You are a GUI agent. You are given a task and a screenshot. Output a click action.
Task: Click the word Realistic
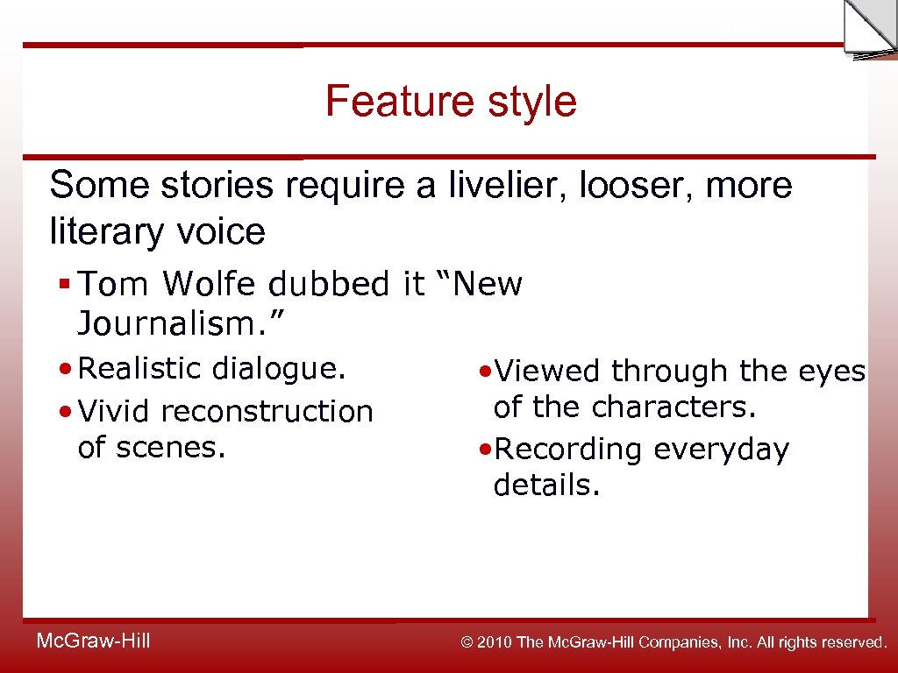pos(139,368)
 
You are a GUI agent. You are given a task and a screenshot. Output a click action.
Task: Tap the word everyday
pos(722,449)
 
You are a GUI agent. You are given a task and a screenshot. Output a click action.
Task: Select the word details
pos(545,484)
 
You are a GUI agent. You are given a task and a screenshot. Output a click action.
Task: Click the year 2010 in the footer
pos(496,642)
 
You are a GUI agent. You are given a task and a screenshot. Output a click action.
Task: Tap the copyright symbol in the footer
pos(467,642)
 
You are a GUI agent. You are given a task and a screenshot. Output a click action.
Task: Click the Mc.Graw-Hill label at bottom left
pos(93,641)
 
